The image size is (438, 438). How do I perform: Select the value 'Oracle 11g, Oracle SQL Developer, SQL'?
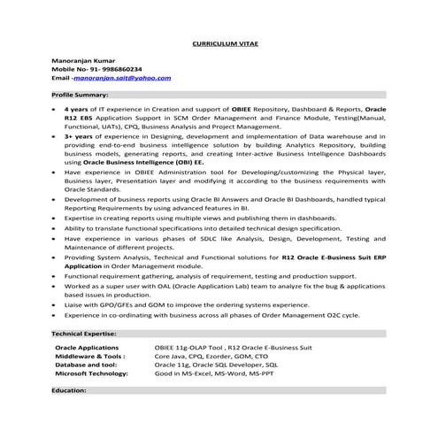click(x=216, y=366)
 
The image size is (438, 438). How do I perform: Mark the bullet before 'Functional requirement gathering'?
click(x=54, y=276)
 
